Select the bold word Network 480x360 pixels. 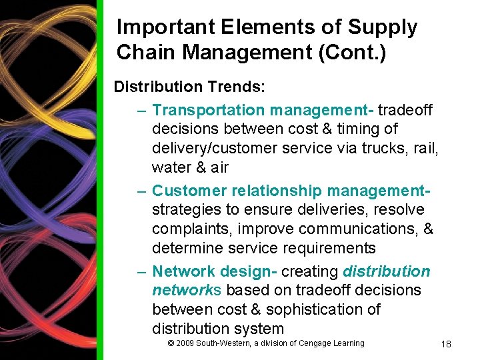click(181, 271)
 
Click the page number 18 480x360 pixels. click(446, 344)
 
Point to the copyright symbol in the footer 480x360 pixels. click(171, 343)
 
